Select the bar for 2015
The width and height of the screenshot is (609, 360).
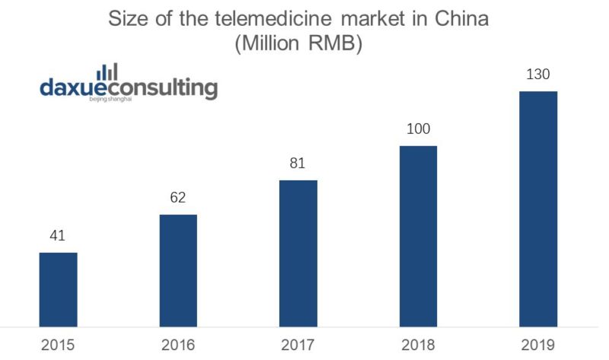pyautogui.click(x=59, y=289)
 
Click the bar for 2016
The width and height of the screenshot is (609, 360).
pyautogui.click(x=178, y=270)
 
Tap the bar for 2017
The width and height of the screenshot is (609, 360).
pyautogui.click(x=298, y=253)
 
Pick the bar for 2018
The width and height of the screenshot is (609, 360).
pyautogui.click(x=418, y=236)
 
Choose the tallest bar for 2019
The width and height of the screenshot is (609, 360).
pyautogui.click(x=538, y=209)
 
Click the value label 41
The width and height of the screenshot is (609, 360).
pyautogui.click(x=59, y=236)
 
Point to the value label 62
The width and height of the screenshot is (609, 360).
pyautogui.click(x=178, y=198)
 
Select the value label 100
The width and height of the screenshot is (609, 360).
pyautogui.click(x=418, y=129)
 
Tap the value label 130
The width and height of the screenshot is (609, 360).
pyautogui.click(x=538, y=75)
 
